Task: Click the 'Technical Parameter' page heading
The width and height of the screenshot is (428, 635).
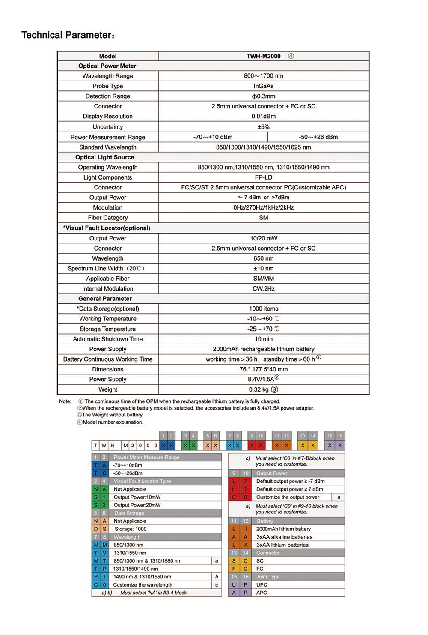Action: click(x=68, y=35)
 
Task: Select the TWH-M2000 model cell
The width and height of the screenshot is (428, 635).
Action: click(x=264, y=56)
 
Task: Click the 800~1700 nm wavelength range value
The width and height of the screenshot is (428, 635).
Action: click(x=264, y=76)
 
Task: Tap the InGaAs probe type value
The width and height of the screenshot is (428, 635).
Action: click(x=264, y=86)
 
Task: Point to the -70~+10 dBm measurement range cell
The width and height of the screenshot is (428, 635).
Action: click(x=213, y=137)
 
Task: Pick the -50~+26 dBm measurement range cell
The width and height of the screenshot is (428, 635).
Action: click(x=318, y=137)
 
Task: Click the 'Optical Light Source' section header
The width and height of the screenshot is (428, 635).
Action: click(x=105, y=157)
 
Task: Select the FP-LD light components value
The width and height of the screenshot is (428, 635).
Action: click(x=264, y=177)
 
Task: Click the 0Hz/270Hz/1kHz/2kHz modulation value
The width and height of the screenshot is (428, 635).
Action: click(x=264, y=207)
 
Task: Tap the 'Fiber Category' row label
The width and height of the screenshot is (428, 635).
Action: click(x=108, y=218)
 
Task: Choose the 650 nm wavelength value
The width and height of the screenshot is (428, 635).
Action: click(x=264, y=258)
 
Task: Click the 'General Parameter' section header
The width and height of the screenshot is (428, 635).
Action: click(x=105, y=299)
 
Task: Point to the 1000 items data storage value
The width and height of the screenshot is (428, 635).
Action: click(x=264, y=309)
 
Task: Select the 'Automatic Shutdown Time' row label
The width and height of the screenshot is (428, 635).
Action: click(x=108, y=339)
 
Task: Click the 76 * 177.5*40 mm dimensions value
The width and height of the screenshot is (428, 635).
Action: click(x=264, y=369)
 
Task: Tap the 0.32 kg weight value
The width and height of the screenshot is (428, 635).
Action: click(x=259, y=389)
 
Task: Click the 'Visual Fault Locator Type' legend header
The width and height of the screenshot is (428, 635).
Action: click(x=142, y=481)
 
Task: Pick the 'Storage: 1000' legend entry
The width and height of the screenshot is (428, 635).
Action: click(x=130, y=529)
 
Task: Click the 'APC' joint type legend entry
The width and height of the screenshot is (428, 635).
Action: click(x=262, y=593)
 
